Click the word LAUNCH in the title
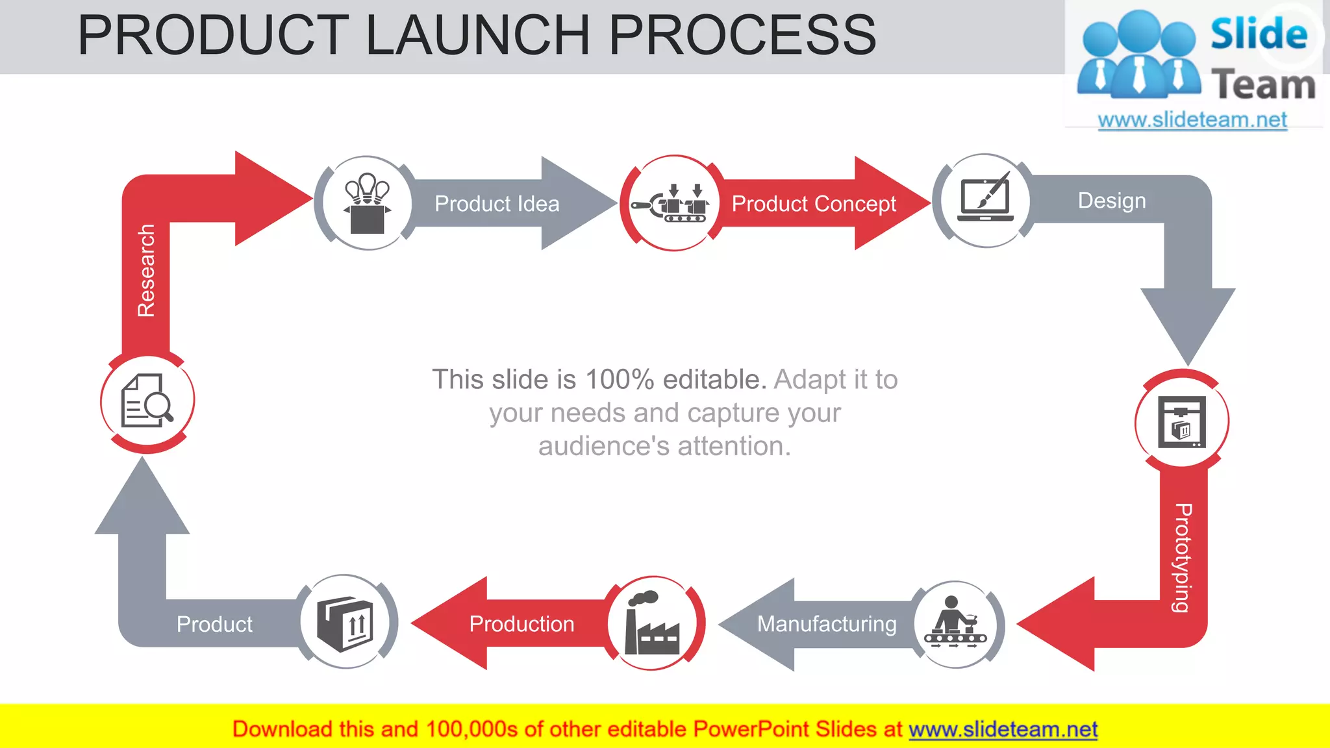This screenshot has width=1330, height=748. click(478, 35)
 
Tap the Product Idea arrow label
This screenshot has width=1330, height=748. click(497, 204)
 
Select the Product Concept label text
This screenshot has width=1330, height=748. click(814, 204)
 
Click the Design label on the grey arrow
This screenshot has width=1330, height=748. click(1112, 201)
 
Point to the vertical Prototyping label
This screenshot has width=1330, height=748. click(1183, 557)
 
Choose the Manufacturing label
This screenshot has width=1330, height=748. click(827, 624)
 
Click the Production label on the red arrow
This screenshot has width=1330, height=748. click(521, 624)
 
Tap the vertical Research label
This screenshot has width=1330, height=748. click(147, 270)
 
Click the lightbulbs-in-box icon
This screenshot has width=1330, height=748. click(367, 203)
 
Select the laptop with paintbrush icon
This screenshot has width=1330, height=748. click(985, 199)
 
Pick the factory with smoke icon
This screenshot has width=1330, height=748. click(651, 623)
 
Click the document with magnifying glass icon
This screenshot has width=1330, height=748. click(147, 401)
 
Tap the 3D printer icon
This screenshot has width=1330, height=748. click(1181, 422)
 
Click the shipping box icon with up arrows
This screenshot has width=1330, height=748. click(345, 623)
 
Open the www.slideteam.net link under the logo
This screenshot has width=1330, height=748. click(1192, 120)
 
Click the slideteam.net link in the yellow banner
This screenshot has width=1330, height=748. click(1003, 730)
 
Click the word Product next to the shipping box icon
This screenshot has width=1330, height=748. click(214, 625)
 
